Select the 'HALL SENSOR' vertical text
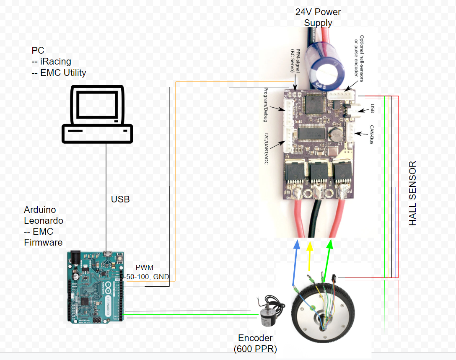[413, 193]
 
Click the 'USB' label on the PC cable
[120, 199]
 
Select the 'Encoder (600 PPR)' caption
[255, 343]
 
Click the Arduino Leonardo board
[96, 287]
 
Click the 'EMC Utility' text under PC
[63, 73]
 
